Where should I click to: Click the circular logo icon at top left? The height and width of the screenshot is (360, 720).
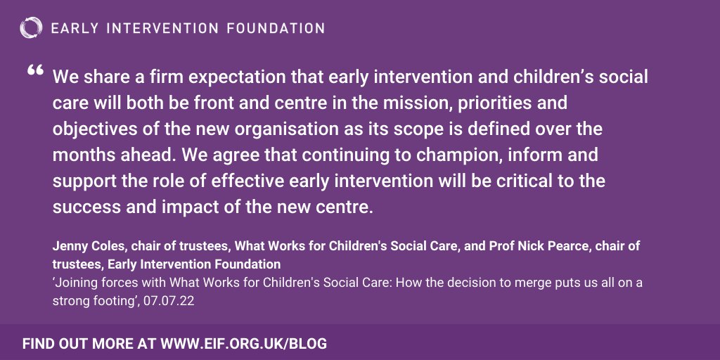[32, 29]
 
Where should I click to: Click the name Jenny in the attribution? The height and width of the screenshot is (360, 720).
[67, 247]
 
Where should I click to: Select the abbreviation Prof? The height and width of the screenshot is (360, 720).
[492, 247]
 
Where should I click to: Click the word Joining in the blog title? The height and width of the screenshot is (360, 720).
[78, 283]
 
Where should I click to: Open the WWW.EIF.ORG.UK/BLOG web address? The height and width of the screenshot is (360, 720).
[244, 345]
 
